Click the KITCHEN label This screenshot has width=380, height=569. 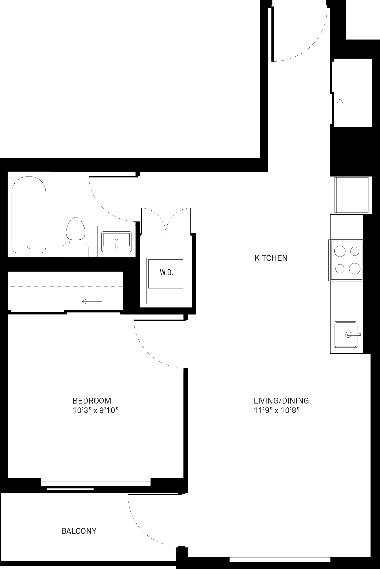271,258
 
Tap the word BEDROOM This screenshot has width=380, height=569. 92,400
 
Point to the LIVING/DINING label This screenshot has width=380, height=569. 281,400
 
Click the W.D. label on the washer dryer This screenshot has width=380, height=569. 166,273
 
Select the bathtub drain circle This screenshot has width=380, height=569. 29,247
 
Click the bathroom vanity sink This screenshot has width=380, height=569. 116,242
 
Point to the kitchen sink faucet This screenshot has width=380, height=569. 354,334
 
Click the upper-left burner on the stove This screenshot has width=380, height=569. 340,251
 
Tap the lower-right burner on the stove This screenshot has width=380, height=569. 355,268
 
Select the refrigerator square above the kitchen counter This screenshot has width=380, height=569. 351,195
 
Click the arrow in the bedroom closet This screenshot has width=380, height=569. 92,301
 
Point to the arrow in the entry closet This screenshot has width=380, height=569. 340,108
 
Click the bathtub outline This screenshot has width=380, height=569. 29,215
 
